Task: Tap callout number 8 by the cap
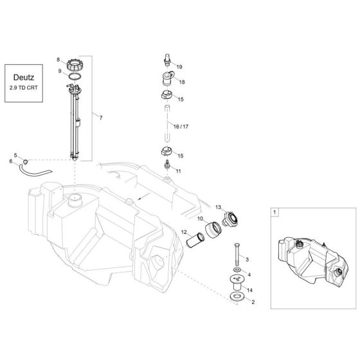(58, 59)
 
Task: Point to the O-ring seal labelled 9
(75, 76)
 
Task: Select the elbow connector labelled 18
(167, 80)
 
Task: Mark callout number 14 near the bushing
(250, 290)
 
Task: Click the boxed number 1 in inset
(274, 212)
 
